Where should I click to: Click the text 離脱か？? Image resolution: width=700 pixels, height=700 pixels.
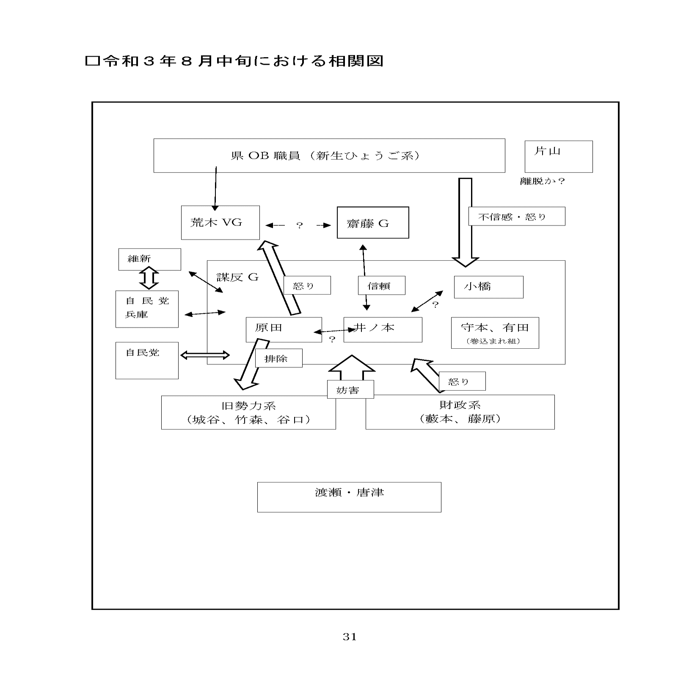542,181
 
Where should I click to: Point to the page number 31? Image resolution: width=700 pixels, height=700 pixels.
350,637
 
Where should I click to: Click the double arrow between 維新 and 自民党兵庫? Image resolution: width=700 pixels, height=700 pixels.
149,278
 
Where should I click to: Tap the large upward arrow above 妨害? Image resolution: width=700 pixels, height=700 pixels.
352,368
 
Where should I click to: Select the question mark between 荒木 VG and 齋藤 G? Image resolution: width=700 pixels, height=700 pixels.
300,225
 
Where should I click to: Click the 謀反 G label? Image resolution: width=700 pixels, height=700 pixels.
237,277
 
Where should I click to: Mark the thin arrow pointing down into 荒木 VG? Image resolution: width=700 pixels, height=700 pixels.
215,188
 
